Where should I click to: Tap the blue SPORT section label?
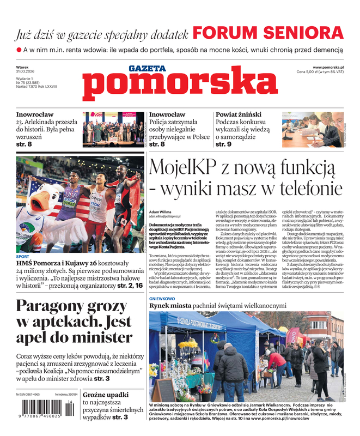22,256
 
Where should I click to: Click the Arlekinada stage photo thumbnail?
113,129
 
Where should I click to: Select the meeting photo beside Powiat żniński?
312,129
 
